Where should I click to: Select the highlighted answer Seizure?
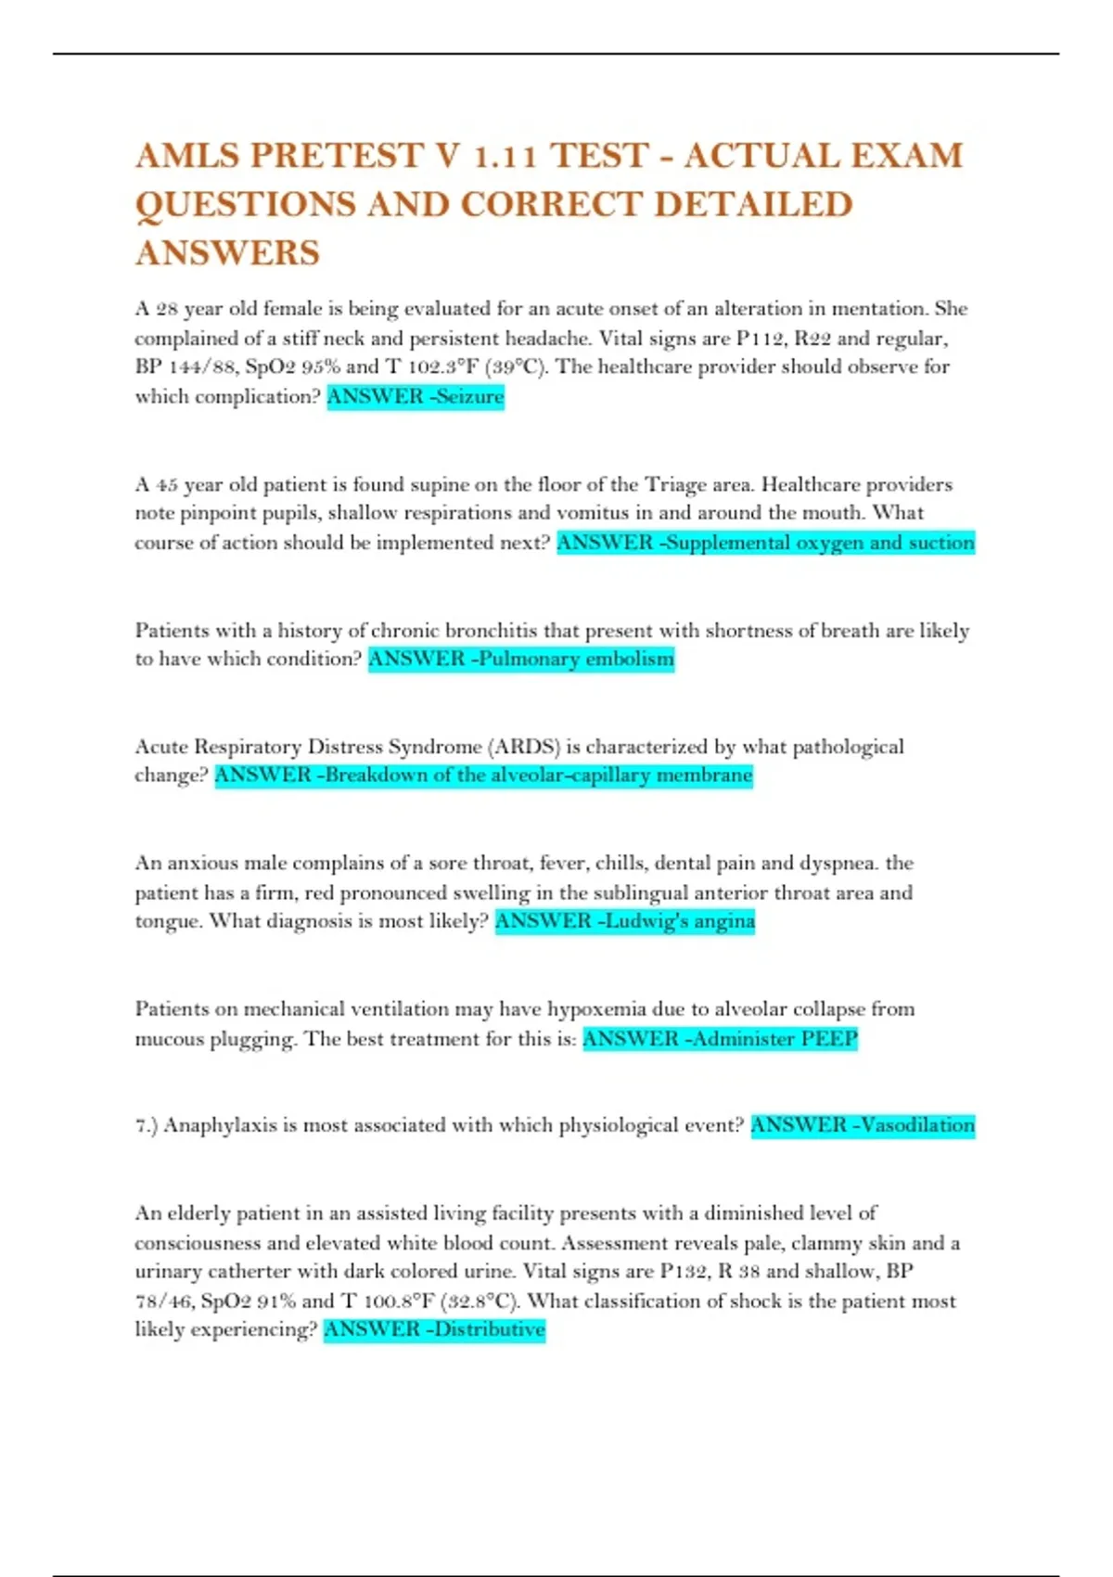point(416,397)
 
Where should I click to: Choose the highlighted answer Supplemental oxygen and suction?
point(765,543)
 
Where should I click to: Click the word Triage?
point(675,484)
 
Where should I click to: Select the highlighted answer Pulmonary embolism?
point(521,660)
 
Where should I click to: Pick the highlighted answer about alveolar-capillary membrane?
point(483,776)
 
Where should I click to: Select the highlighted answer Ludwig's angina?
point(625,921)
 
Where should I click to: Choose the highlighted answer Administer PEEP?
point(720,1039)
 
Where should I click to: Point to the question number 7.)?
point(147,1126)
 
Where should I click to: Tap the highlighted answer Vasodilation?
point(863,1126)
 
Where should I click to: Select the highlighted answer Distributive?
point(434,1330)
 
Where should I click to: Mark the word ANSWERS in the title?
point(227,252)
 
